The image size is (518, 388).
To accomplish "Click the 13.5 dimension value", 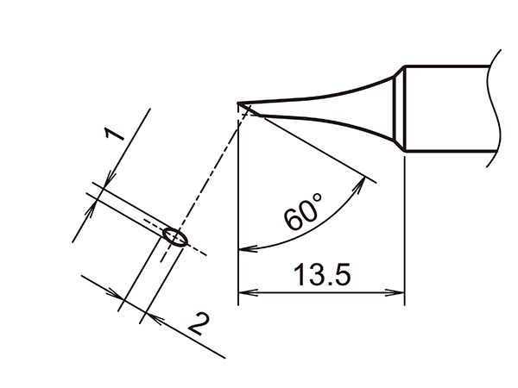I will [x=320, y=277].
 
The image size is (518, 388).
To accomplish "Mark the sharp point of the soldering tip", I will [x=239, y=105].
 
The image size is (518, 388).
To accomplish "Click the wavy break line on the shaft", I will [x=498, y=108].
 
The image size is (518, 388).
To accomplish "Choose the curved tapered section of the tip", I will [x=345, y=102].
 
